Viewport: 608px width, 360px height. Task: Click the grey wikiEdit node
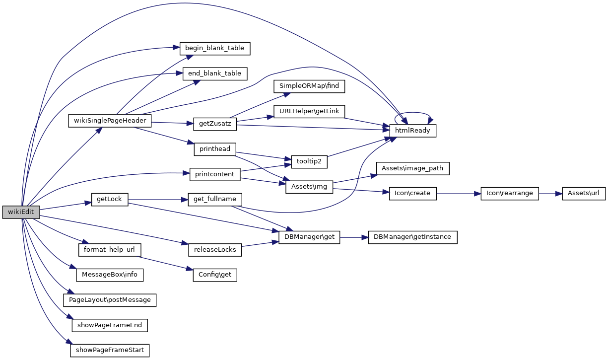[x=21, y=212]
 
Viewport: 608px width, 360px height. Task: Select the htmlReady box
[x=412, y=131]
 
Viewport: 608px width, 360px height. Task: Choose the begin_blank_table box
[x=214, y=48]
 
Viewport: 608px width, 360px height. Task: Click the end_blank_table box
[x=214, y=73]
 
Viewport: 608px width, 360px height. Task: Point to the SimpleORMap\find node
[x=309, y=86]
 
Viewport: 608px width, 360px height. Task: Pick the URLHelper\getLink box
[x=309, y=111]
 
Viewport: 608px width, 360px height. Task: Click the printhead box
[x=214, y=149]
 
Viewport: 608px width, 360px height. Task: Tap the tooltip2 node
[x=309, y=162]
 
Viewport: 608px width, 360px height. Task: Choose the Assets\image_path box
[x=412, y=169]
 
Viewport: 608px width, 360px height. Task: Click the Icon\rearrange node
[x=510, y=194]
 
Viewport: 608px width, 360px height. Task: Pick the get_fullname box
[x=214, y=200]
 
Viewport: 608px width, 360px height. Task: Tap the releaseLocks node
[x=214, y=249]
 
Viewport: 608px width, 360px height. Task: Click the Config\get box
[x=214, y=275]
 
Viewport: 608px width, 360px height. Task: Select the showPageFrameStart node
[x=109, y=350]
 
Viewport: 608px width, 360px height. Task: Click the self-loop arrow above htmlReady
[x=412, y=113]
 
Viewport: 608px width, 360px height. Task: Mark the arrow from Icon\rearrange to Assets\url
[x=550, y=194]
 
